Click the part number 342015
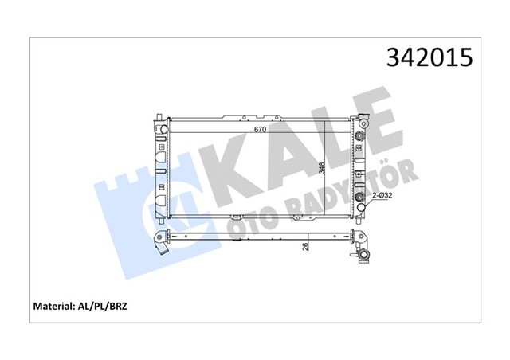point(430,58)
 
